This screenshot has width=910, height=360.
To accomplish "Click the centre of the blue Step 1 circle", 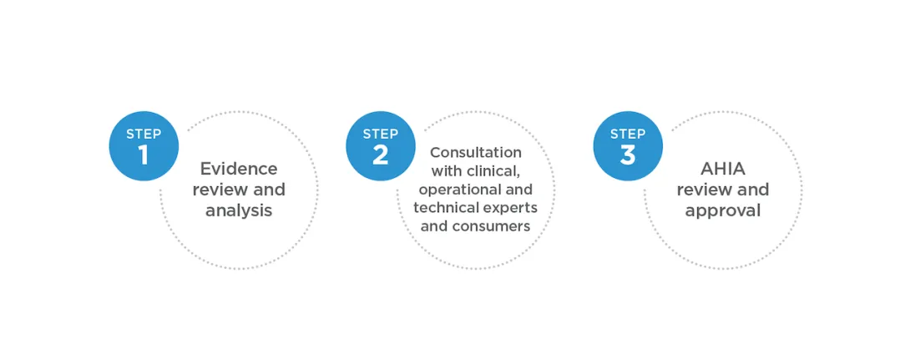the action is [144, 145].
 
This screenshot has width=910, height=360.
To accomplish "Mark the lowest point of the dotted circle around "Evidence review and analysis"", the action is [239, 269].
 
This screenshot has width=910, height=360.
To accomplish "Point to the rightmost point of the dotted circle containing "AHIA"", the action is [802, 190].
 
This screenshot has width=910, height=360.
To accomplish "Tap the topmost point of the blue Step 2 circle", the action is [381, 111].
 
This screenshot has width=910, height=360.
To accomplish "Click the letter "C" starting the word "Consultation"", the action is [435, 153].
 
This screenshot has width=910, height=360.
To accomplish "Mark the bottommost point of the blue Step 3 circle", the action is [628, 180].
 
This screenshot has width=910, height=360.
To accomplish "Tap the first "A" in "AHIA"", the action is [707, 169].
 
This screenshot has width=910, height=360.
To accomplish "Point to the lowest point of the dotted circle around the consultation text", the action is [475, 269].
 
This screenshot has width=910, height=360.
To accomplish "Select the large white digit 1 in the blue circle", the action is [144, 155].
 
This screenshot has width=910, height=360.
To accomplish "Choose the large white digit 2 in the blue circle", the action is [381, 155].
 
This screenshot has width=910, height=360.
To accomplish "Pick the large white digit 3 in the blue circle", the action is [628, 155].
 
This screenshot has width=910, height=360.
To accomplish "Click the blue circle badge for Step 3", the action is [628, 145].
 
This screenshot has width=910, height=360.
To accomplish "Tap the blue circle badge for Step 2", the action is [381, 145].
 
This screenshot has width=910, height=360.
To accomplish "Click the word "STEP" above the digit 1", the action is [144, 134].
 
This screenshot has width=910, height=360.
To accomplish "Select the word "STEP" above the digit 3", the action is [628, 134].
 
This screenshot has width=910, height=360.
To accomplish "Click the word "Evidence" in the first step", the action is [239, 169].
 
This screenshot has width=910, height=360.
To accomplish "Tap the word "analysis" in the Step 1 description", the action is [239, 210].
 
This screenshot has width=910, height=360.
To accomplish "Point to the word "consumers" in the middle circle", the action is [491, 226].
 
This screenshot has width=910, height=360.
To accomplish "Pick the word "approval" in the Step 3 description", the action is [722, 210].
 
